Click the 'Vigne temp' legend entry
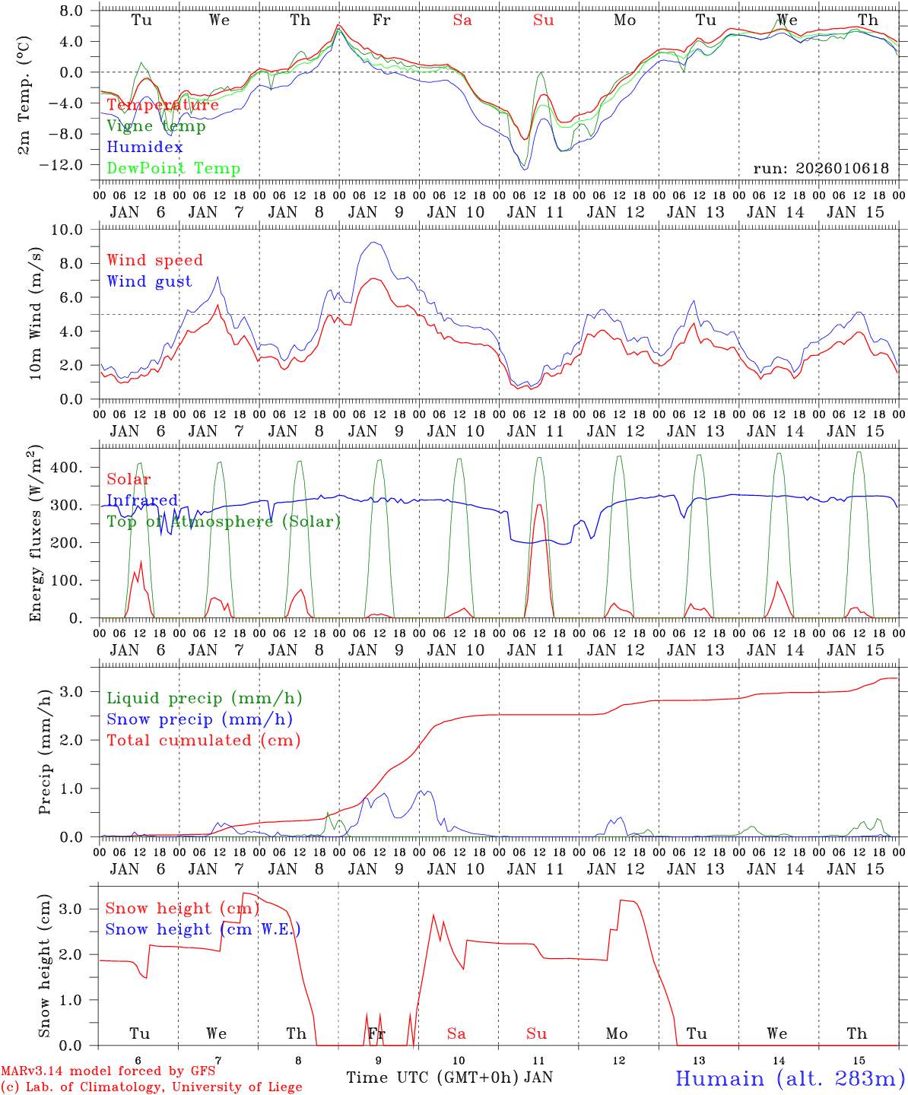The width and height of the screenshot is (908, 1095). pos(156,126)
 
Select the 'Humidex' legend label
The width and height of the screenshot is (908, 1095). pos(144,148)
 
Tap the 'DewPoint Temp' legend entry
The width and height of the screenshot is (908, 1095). pos(173,169)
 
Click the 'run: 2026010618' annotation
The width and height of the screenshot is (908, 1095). pos(821,169)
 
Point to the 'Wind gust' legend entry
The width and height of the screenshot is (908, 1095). pos(149,281)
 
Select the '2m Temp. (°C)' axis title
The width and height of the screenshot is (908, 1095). pos(24,94)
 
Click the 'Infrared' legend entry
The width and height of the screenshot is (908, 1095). pos(142,500)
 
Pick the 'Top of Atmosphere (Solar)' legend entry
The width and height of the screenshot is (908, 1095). pos(224,522)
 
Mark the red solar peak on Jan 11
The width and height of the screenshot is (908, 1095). pos(538,505)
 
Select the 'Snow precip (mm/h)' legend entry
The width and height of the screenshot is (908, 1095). pos(199,719)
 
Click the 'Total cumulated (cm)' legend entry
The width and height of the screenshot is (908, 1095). pos(203,741)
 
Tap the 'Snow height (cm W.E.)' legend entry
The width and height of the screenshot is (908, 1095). pos(202,929)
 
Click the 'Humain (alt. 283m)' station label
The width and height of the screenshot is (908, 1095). pos(790,1078)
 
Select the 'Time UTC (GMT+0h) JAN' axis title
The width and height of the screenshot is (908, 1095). pos(449,1078)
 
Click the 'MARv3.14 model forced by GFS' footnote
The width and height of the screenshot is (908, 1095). pos(108,1071)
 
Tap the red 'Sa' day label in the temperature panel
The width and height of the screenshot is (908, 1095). pos(462,21)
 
